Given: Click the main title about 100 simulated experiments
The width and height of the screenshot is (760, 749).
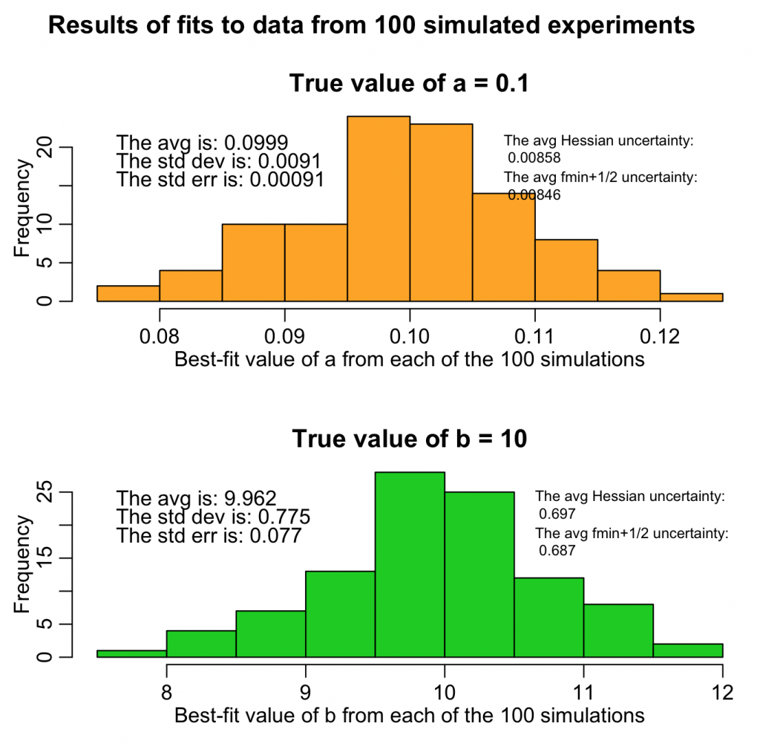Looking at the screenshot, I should (x=371, y=26).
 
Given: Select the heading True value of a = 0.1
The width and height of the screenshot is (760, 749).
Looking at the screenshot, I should (x=409, y=83).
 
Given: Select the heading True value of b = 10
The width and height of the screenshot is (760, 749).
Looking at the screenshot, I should (x=409, y=439).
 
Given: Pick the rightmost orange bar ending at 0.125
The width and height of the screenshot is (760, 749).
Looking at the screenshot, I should (x=691, y=298).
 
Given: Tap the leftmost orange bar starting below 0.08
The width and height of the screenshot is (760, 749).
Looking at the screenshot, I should (x=128, y=294).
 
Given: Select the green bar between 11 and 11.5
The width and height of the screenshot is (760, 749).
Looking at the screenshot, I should (x=618, y=631).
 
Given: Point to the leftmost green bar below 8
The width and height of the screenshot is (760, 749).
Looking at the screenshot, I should (x=131, y=654).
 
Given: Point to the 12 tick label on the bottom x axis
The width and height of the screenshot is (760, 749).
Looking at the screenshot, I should (x=721, y=693).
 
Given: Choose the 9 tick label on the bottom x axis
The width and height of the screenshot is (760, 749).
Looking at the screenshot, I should (x=305, y=693).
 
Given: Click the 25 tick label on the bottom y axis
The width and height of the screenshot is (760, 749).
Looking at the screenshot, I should (x=45, y=492).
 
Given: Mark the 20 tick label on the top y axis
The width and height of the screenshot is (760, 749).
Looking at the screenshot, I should (x=45, y=147).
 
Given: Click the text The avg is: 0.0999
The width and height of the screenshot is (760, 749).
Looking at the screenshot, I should (x=203, y=143).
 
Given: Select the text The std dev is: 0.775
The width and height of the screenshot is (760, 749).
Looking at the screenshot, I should (x=213, y=517).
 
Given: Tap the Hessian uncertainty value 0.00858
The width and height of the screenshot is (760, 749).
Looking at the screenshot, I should (x=534, y=157).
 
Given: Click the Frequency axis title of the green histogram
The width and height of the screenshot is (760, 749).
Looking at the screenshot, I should (x=22, y=564).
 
